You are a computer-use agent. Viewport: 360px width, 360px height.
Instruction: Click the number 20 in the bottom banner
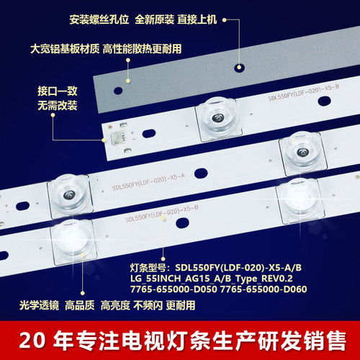coord(32,338)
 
